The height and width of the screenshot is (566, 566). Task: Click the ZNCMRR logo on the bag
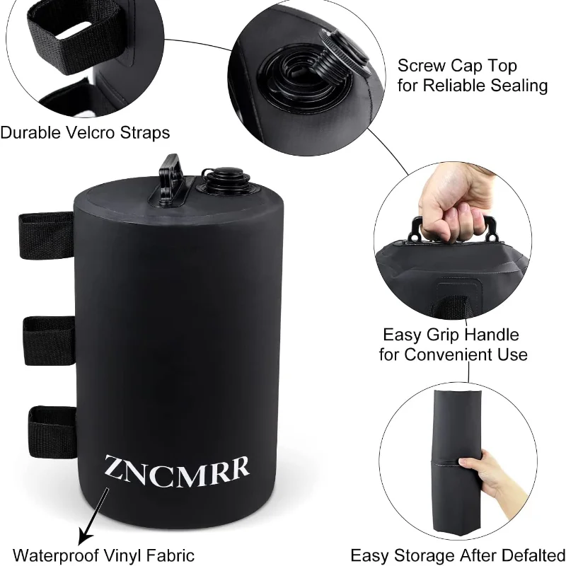click(177, 470)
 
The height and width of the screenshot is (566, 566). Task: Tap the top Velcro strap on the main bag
click(46, 236)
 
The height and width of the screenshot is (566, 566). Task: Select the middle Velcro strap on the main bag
click(49, 340)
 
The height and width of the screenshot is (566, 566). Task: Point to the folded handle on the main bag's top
click(171, 180)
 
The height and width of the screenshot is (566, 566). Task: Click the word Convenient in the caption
click(445, 354)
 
